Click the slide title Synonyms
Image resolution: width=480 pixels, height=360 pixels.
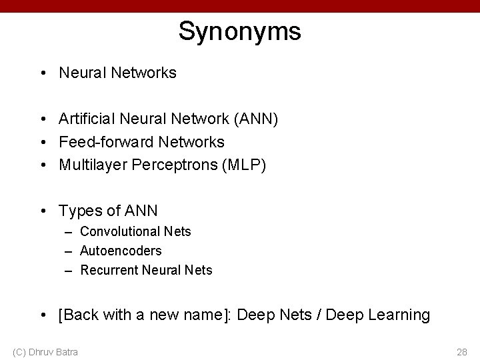click(239, 31)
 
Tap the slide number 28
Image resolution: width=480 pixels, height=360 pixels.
click(461, 351)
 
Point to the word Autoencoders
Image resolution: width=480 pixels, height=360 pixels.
click(121, 251)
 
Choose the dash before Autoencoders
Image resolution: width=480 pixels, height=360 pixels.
click(69, 251)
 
